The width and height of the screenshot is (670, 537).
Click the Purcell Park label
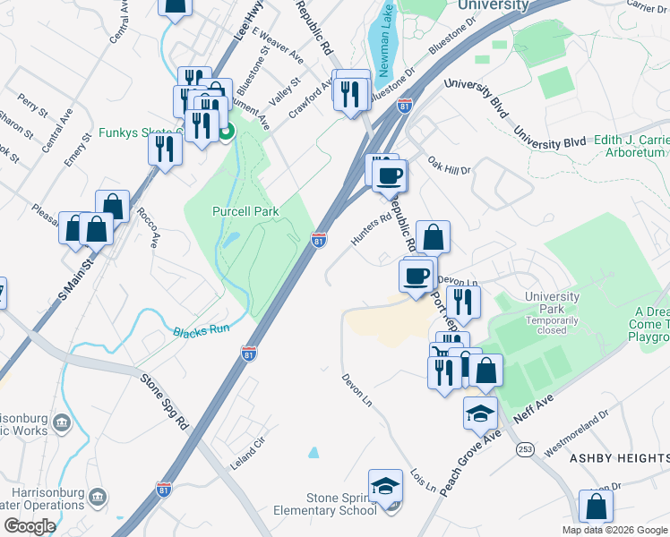[x=245, y=211]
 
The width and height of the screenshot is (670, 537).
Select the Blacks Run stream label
[x=202, y=330]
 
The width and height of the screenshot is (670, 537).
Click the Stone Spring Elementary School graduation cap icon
[x=387, y=488]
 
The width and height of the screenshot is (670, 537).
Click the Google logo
[x=29, y=526]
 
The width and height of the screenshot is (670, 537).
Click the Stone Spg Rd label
[x=165, y=398]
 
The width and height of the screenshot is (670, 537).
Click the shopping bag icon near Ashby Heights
[x=596, y=507]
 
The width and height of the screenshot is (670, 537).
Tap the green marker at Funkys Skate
[x=226, y=134]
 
